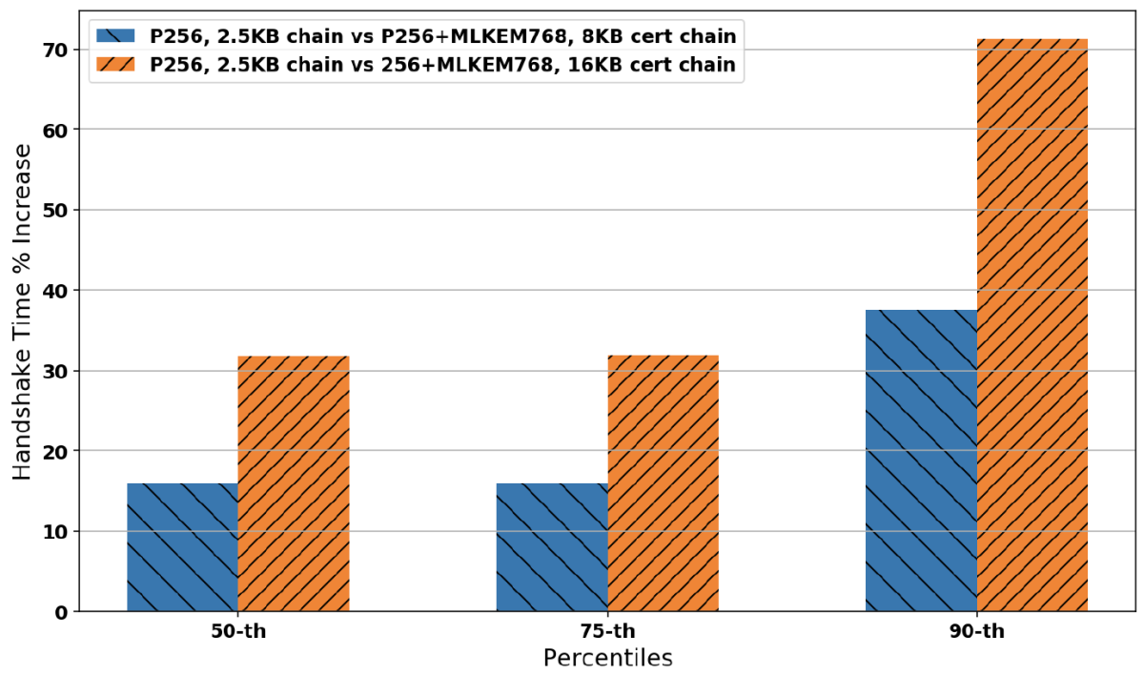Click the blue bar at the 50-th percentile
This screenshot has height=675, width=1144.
pos(182,547)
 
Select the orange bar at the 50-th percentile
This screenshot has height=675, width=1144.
pos(294,483)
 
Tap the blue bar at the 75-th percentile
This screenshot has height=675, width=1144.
pos(552,547)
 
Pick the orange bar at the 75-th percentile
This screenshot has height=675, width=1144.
pos(664,483)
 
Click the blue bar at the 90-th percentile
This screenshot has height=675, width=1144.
pos(921,460)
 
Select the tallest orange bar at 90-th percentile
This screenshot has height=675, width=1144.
pos(1032,325)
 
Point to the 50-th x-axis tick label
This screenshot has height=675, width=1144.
pos(237,631)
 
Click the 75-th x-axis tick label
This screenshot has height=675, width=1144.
pos(607,631)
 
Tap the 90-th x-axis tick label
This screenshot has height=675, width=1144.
pos(977,631)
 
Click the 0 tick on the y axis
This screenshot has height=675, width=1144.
pos(60,612)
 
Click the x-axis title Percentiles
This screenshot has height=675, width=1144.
pos(607,658)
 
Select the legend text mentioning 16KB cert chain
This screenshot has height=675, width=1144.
pos(443,65)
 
